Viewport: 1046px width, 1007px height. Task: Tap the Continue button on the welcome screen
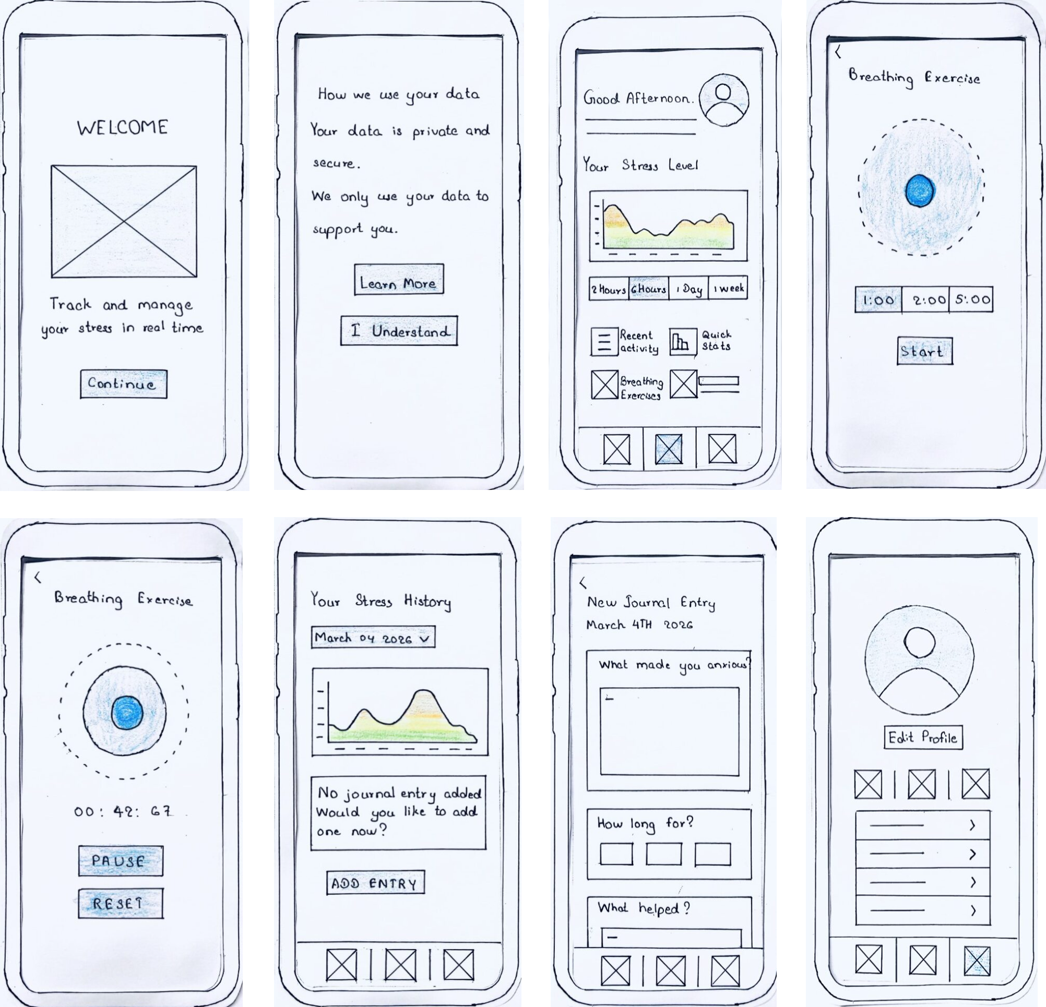(124, 384)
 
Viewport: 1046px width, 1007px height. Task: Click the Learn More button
(399, 279)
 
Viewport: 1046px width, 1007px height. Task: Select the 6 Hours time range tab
(649, 289)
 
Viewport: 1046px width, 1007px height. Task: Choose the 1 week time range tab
(729, 288)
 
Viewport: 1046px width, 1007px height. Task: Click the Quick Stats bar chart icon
(683, 342)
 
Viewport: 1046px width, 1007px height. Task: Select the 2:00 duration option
(926, 300)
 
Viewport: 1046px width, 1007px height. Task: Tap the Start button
(925, 351)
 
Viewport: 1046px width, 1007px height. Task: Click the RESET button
(121, 903)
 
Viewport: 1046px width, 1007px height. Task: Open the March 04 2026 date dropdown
(373, 638)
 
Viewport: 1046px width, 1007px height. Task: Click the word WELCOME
(123, 127)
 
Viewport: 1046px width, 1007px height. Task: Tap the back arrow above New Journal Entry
(584, 583)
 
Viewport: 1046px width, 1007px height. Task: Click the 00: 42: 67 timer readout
(123, 811)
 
